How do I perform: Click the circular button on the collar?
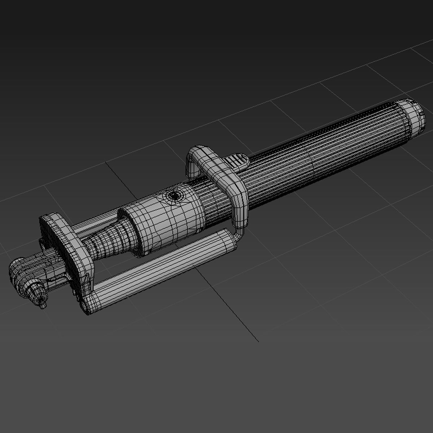point(175,196)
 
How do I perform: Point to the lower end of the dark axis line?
point(258,341)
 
